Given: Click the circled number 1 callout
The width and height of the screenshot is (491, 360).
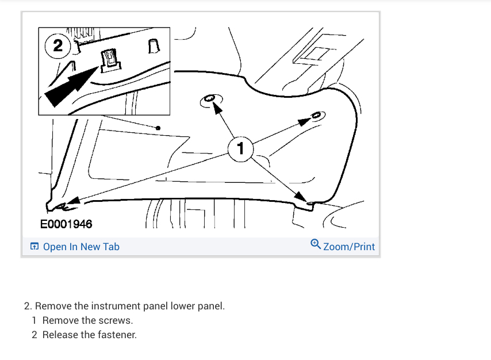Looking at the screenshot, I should pos(240,148).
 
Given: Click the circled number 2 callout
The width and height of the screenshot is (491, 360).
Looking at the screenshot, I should pos(58,46).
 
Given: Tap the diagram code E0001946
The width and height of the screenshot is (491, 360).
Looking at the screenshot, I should pos(66,224).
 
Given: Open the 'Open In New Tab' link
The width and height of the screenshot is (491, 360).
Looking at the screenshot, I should pos(81,247).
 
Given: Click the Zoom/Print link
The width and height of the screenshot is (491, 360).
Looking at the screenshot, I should pos(349,247).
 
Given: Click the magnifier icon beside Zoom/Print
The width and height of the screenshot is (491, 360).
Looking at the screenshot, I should pos(316,245).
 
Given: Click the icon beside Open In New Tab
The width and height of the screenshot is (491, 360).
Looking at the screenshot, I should pos(34,247).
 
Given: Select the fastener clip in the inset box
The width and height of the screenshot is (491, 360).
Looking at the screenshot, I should pos(110,59).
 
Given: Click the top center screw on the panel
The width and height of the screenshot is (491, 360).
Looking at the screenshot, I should pos(210,100).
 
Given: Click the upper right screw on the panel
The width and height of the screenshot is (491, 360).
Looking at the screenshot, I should pos(316,115).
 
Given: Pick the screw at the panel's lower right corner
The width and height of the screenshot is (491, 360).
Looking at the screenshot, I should pos(310,203).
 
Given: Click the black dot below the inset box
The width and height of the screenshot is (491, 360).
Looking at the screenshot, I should pos(158,128).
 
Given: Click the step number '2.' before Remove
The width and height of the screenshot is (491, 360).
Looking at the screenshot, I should pos(28,306).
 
